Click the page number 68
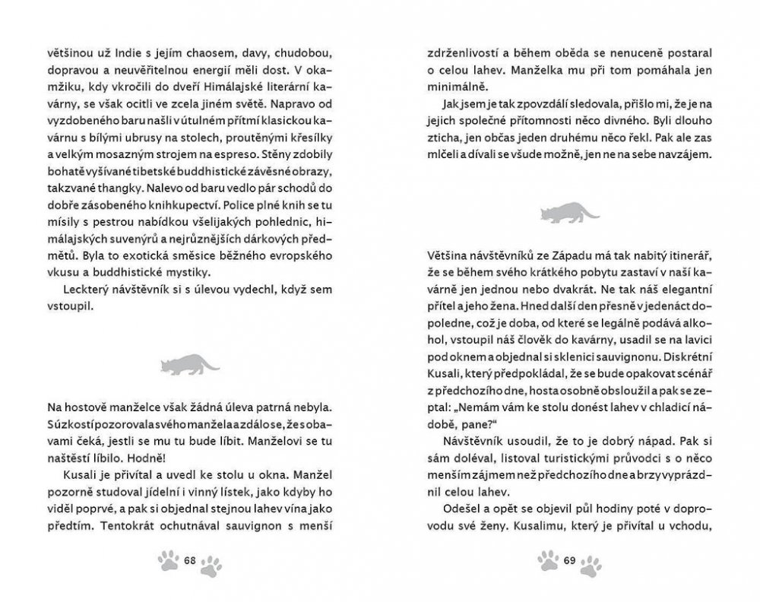pos(190,561)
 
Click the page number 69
pos(570,561)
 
